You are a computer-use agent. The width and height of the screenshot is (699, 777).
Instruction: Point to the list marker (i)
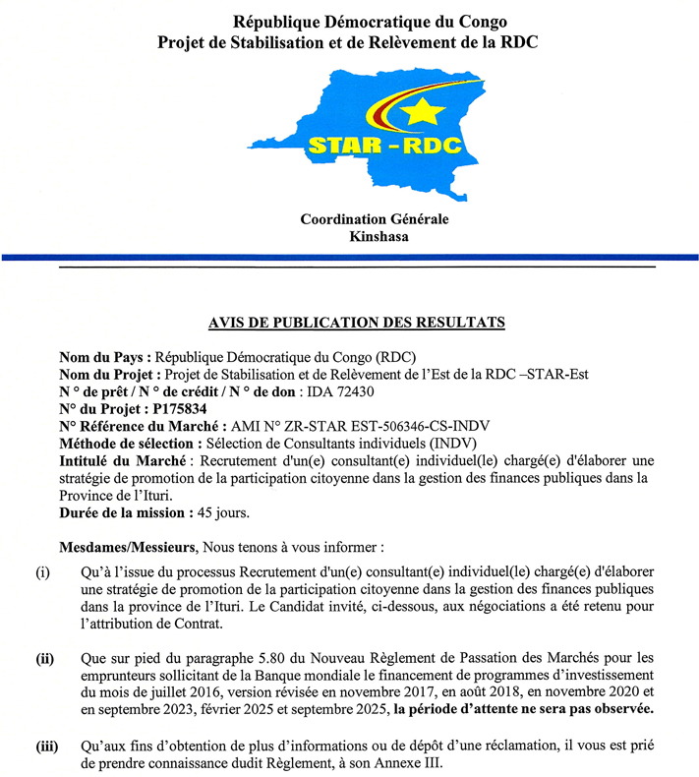43,572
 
